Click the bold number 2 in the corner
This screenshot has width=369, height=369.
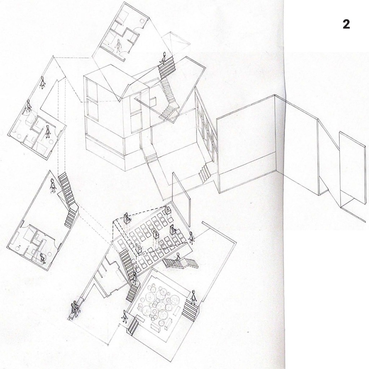[x=346, y=25]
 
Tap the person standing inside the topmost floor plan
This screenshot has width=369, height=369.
[x=118, y=46]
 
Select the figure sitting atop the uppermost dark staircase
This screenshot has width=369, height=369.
[x=164, y=57]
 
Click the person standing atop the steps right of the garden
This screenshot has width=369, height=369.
[x=193, y=297]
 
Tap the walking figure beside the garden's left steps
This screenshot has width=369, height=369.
[x=124, y=316]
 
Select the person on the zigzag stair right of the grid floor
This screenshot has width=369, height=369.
[x=178, y=257]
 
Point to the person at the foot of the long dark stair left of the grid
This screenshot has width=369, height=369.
[x=134, y=279]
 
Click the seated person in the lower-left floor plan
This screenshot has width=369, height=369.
[x=43, y=258]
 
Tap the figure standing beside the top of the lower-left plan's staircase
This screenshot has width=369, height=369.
[x=53, y=186]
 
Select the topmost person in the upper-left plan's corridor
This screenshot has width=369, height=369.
[x=43, y=82]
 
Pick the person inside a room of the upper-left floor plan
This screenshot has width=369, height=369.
[x=48, y=131]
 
